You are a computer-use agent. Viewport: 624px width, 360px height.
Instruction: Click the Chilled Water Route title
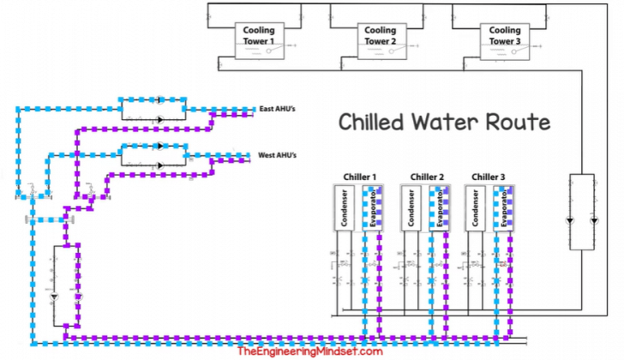[444, 122]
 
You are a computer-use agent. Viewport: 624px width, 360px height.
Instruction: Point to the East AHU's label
[279, 110]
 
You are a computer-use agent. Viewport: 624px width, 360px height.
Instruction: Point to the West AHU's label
[278, 156]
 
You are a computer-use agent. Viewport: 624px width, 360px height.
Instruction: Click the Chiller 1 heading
[359, 177]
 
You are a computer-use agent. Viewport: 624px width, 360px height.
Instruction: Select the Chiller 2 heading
[427, 177]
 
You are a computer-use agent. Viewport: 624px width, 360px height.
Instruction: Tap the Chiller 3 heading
[489, 177]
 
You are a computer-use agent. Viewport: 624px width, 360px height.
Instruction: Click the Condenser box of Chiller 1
[343, 208]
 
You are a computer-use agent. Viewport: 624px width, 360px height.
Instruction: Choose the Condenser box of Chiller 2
[410, 208]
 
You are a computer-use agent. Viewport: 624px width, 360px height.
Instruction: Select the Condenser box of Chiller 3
[476, 208]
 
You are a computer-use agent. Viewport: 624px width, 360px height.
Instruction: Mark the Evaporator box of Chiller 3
[505, 208]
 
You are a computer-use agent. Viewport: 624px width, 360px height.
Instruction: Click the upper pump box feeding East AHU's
[153, 107]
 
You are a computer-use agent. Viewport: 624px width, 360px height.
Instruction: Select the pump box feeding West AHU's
[153, 155]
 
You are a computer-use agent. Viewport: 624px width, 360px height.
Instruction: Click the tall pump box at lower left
[66, 287]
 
